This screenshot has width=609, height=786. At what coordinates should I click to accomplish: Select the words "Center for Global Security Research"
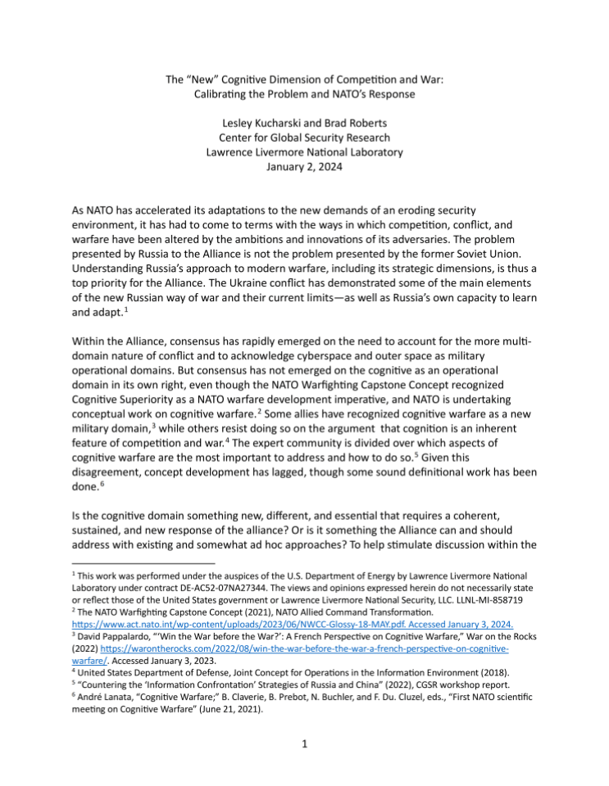click(x=304, y=138)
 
